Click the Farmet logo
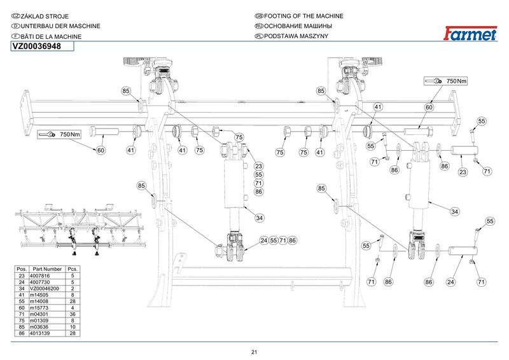(470, 34)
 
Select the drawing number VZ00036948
(37, 46)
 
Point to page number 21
(254, 352)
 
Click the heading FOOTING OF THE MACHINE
(303, 16)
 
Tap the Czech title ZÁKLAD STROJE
(45, 17)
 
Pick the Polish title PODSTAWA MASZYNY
(296, 36)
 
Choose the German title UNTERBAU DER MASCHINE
(60, 26)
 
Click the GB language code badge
(259, 16)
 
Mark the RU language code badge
(259, 26)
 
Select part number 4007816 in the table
(39, 275)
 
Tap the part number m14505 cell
(39, 294)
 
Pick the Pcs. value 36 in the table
(73, 314)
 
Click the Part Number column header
(47, 269)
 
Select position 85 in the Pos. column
(22, 327)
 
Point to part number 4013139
(39, 333)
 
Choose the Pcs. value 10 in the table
(73, 327)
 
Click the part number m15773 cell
(39, 307)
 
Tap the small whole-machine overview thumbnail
(80, 230)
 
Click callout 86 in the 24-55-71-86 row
(292, 240)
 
